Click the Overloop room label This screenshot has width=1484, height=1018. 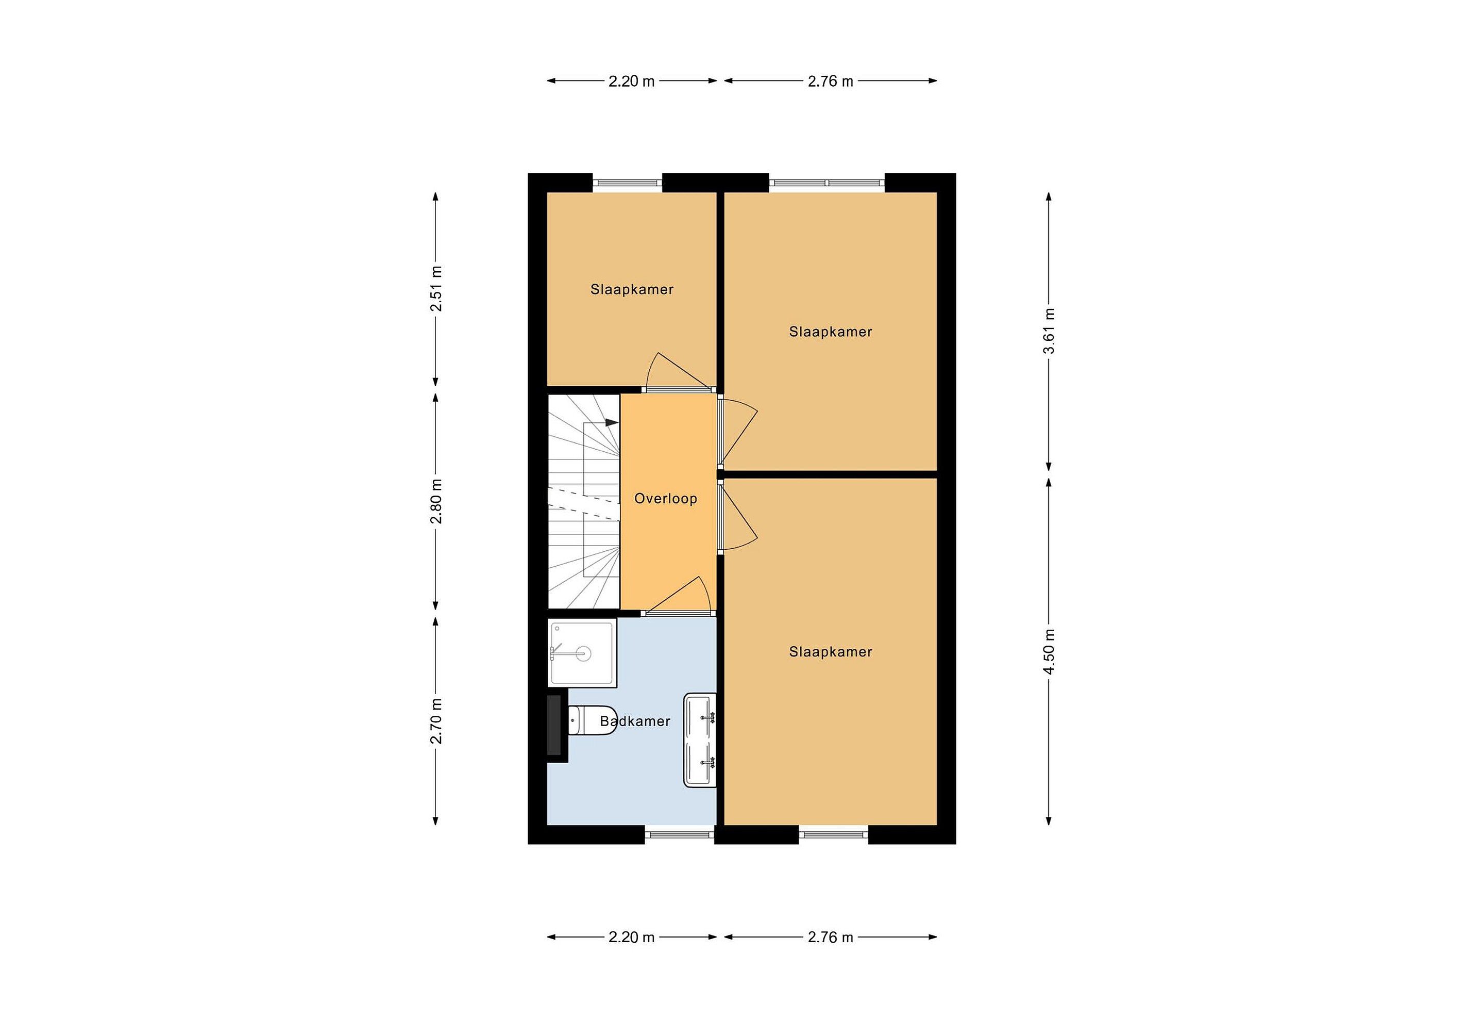[665, 499]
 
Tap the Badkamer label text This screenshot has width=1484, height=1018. [635, 721]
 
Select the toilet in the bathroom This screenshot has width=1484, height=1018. [592, 720]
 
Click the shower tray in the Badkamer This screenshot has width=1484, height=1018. [582, 652]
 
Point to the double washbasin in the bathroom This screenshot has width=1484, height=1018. [700, 740]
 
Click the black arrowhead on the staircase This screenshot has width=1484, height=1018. [612, 422]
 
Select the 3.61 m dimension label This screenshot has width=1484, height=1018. [1049, 331]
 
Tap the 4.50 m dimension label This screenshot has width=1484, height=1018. [1049, 651]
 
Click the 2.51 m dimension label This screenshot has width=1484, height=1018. [436, 288]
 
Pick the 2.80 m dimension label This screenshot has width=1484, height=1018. [436, 501]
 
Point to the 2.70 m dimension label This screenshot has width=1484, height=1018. [436, 721]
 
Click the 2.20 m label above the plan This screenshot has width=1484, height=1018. [632, 81]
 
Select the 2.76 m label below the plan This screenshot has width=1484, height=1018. [830, 938]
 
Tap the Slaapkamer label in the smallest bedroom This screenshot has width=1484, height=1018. [632, 289]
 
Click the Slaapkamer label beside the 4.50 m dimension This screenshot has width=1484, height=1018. [830, 652]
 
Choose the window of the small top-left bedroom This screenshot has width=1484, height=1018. [627, 183]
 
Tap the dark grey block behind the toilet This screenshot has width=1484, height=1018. [553, 725]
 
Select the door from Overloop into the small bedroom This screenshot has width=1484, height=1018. [679, 372]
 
